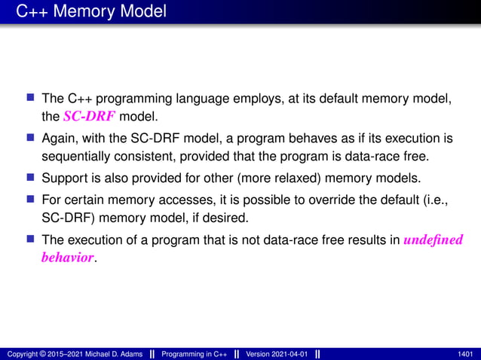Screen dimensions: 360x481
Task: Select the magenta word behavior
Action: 67,258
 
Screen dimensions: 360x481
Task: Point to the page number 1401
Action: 465,354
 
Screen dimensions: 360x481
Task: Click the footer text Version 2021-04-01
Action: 277,354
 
